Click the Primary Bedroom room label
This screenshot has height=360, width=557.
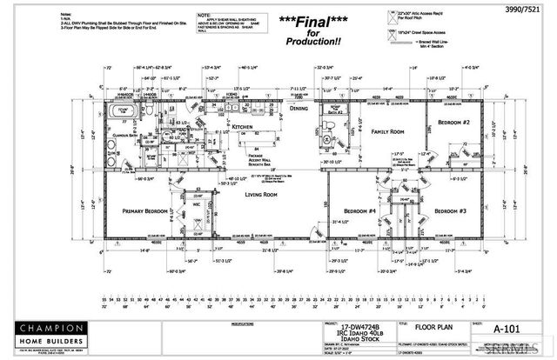tap(145, 210)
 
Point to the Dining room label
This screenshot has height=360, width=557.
tap(298, 109)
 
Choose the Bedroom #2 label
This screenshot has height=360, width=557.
tap(454, 123)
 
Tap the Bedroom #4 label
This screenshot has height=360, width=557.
tap(359, 210)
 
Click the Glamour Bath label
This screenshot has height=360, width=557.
tap(127, 137)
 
